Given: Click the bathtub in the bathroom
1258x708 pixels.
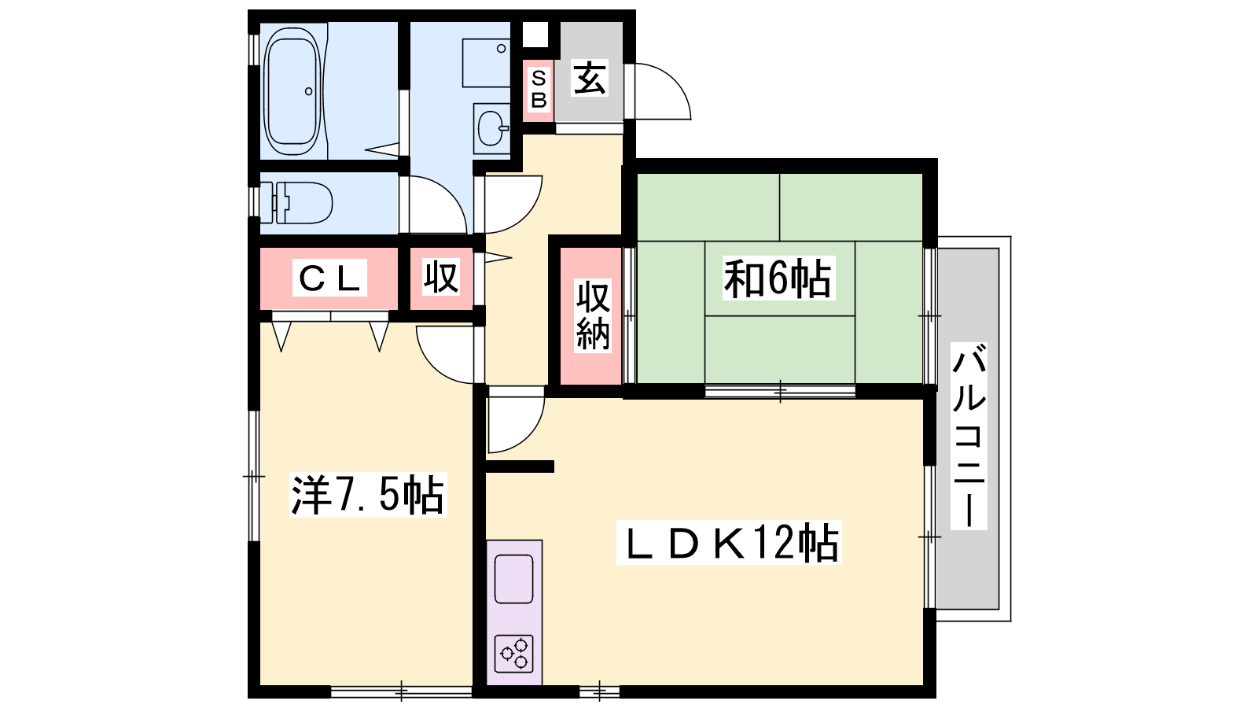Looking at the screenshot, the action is coord(292,91).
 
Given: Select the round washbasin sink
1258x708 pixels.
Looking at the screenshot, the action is coord(492,128).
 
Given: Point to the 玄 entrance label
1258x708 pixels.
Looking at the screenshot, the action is coord(590,79).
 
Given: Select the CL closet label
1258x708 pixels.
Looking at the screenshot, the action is coord(329,278).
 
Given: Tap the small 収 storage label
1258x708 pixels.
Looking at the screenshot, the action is coord(441,276).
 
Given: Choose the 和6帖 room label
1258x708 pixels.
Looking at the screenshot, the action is coord(778,278).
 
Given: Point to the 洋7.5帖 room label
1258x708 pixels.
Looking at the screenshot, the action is coord(368,495).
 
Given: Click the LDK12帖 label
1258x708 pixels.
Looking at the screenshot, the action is coord(729,543).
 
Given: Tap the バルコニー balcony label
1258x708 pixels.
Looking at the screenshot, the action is coord(969,436).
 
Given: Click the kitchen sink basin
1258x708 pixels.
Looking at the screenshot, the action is coord(513,579).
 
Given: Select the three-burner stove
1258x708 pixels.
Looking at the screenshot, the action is coord(513,654).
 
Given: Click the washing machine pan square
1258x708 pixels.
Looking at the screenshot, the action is coord(487,63).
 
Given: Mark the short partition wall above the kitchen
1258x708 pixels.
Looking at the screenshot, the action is coord(520,466).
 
